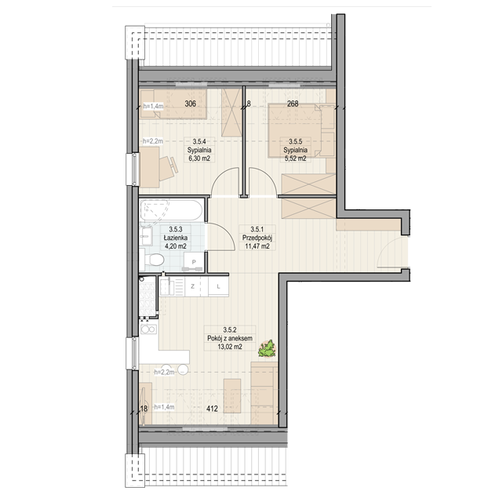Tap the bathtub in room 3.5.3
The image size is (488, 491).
click(171, 210)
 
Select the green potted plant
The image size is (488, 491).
click(268, 348)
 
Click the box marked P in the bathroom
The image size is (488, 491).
click(194, 262)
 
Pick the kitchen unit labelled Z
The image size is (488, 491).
click(193, 286)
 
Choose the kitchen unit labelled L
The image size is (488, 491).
click(219, 286)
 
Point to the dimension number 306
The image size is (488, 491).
click(190, 104)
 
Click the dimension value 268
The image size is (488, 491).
click(293, 104)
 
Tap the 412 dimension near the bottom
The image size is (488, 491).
click(212, 409)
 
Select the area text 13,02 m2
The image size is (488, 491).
click(230, 347)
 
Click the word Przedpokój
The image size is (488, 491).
click(257, 238)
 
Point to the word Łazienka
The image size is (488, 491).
click(176, 238)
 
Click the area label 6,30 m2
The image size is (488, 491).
click(199, 158)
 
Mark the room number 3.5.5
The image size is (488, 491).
click(295, 141)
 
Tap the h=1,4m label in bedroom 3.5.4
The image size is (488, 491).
click(153, 106)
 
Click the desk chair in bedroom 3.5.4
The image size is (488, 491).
click(169, 168)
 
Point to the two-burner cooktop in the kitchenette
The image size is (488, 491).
click(148, 329)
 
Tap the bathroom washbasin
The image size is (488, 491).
click(146, 236)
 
